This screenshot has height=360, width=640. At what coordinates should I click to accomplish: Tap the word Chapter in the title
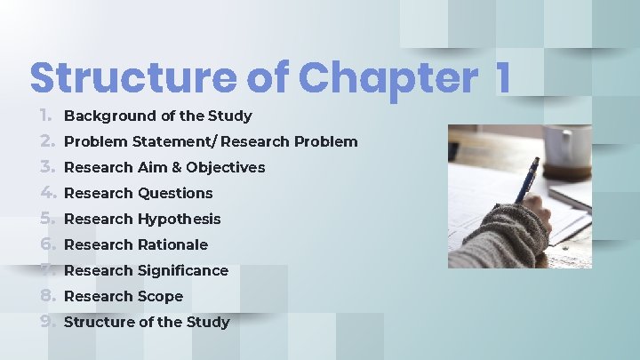click(388, 78)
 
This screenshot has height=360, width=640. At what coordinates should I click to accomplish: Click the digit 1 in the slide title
click(503, 78)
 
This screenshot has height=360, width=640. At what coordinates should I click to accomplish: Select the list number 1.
click(47, 116)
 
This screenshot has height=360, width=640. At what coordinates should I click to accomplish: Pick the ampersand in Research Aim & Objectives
click(175, 167)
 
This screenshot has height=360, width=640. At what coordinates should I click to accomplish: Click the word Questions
click(175, 193)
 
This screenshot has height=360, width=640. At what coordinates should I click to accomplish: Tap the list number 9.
click(47, 322)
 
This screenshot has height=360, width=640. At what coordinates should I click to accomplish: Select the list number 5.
click(47, 219)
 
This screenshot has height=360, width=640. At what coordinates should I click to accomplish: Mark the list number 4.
click(47, 193)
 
